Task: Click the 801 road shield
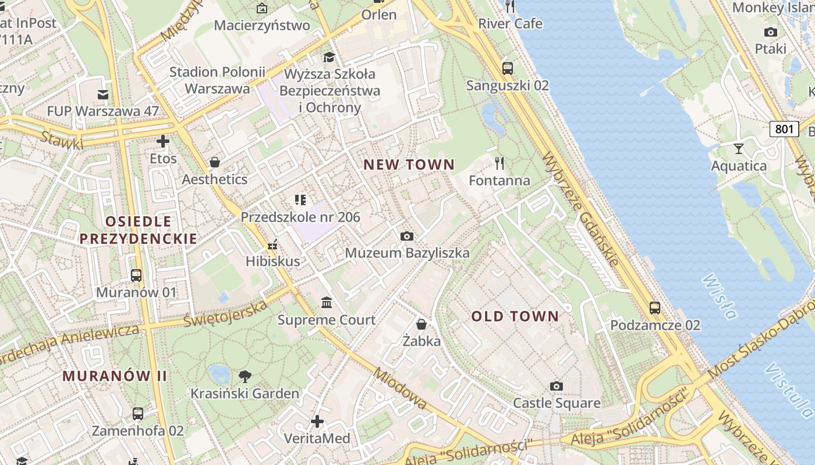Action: pyautogui.click(x=784, y=128)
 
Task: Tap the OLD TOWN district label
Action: pyautogui.click(x=515, y=317)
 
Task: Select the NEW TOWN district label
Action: pyautogui.click(x=409, y=164)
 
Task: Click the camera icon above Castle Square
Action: pyautogui.click(x=557, y=386)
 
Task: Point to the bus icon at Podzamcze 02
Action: pyautogui.click(x=655, y=308)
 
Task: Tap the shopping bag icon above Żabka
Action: pyautogui.click(x=421, y=324)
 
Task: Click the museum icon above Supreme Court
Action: pyautogui.click(x=327, y=303)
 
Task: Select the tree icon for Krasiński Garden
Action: pyautogui.click(x=245, y=376)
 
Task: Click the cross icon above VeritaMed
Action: pyautogui.click(x=317, y=421)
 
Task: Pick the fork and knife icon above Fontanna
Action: pyautogui.click(x=499, y=163)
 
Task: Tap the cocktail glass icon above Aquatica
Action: pyautogui.click(x=739, y=148)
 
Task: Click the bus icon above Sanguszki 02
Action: pyautogui.click(x=508, y=68)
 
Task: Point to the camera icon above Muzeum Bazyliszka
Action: pyautogui.click(x=407, y=236)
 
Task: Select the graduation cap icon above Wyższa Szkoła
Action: pyautogui.click(x=329, y=57)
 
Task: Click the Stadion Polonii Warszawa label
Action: pyautogui.click(x=217, y=80)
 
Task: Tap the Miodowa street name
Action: pyautogui.click(x=401, y=389)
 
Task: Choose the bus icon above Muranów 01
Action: pyautogui.click(x=136, y=276)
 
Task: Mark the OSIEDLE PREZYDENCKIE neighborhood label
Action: pyautogui.click(x=139, y=230)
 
